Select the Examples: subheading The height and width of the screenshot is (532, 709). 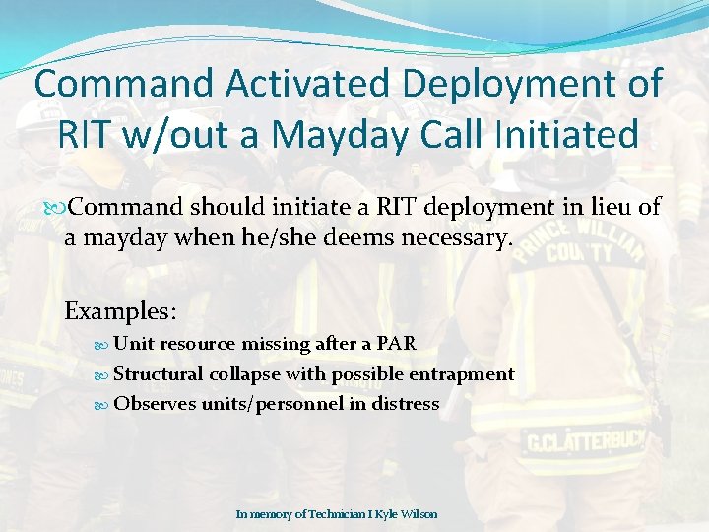click(120, 311)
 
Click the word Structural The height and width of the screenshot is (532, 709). click(159, 373)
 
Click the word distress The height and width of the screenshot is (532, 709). click(405, 403)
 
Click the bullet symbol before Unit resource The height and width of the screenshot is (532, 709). click(104, 344)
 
